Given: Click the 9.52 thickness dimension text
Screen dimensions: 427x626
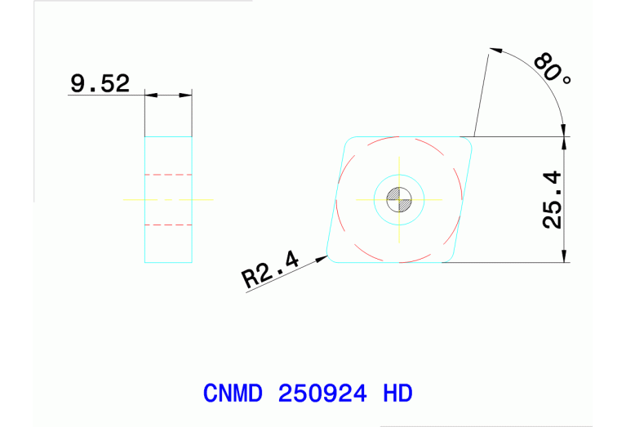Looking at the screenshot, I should pos(100,83).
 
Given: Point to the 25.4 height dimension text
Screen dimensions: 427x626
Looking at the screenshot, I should pos(553,199).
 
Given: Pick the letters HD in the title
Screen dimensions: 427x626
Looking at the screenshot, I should pos(397,394).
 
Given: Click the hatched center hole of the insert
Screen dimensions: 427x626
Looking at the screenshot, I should pos(399,198).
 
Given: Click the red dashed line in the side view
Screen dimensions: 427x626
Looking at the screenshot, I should pos(168,175).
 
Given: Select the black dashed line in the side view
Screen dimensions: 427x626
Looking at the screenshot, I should pos(168,224).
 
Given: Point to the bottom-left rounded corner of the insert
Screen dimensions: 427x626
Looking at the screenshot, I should pos(331,257).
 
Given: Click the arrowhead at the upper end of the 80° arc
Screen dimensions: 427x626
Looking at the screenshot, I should pos(493,49).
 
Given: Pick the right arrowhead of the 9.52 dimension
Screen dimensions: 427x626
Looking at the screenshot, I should pos(187,96).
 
